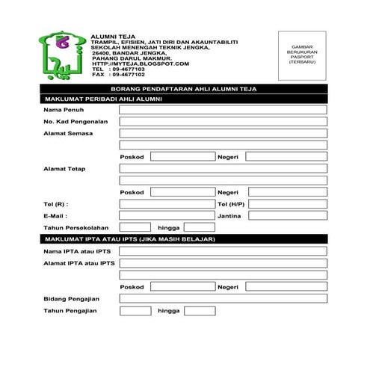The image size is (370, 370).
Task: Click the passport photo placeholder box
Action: pos(303,55)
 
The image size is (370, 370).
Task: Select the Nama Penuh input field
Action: pos(223,110)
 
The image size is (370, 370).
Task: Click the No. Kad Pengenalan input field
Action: pos(223,121)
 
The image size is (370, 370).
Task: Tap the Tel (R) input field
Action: pos(167,203)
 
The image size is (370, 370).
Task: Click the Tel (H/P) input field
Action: pos(287,203)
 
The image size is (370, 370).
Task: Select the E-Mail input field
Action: pos(167,215)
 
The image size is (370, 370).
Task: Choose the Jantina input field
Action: pos(287,215)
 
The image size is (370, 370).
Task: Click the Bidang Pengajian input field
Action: pos(223,298)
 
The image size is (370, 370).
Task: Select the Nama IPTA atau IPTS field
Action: pos(223,251)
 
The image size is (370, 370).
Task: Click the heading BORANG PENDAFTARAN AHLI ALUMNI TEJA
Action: pos(183,88)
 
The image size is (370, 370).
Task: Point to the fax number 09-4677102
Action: pos(128,75)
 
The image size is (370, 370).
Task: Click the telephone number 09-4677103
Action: pos(128,70)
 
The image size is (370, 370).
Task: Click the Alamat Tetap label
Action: pos(65,168)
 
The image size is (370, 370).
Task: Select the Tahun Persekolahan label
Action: pos(76,227)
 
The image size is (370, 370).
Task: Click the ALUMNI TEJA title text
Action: pos(114,35)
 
